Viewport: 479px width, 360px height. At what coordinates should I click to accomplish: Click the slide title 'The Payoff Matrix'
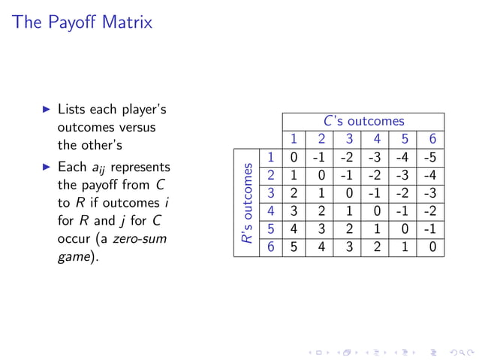(x=83, y=23)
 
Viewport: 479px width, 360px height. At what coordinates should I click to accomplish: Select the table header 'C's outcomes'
(x=363, y=121)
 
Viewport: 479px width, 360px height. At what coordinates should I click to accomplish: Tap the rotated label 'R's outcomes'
(x=246, y=203)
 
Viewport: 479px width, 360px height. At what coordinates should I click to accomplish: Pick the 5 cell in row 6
(x=294, y=248)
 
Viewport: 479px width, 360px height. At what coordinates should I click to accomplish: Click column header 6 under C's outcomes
(x=432, y=139)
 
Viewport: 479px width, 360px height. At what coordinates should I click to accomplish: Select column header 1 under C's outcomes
(x=294, y=139)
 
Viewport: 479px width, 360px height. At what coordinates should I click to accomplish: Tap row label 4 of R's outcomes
(x=270, y=212)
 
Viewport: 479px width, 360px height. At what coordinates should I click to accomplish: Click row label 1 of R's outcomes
(x=270, y=158)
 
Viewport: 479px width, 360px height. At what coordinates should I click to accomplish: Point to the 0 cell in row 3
(x=349, y=194)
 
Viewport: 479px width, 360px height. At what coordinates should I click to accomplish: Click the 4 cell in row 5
(x=294, y=230)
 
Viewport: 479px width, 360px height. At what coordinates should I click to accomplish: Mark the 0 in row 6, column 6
(x=432, y=248)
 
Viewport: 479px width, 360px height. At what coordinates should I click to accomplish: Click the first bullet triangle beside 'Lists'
(x=47, y=110)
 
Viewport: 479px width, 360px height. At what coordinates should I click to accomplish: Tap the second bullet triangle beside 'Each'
(x=47, y=167)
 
